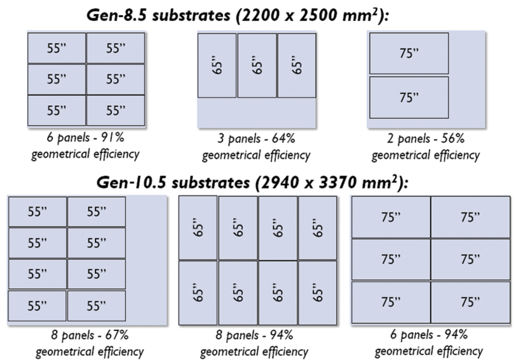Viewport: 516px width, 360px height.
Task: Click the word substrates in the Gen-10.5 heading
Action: (211, 182)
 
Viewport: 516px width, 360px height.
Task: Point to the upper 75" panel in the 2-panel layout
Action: (409, 53)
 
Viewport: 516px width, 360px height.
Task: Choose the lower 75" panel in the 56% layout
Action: (409, 97)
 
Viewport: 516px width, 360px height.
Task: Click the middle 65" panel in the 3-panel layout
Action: (257, 65)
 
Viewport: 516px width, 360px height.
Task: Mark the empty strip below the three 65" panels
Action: (257, 112)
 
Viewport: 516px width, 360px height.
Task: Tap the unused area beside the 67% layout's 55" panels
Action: (146, 258)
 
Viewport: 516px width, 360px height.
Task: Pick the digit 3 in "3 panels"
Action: (220, 138)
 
